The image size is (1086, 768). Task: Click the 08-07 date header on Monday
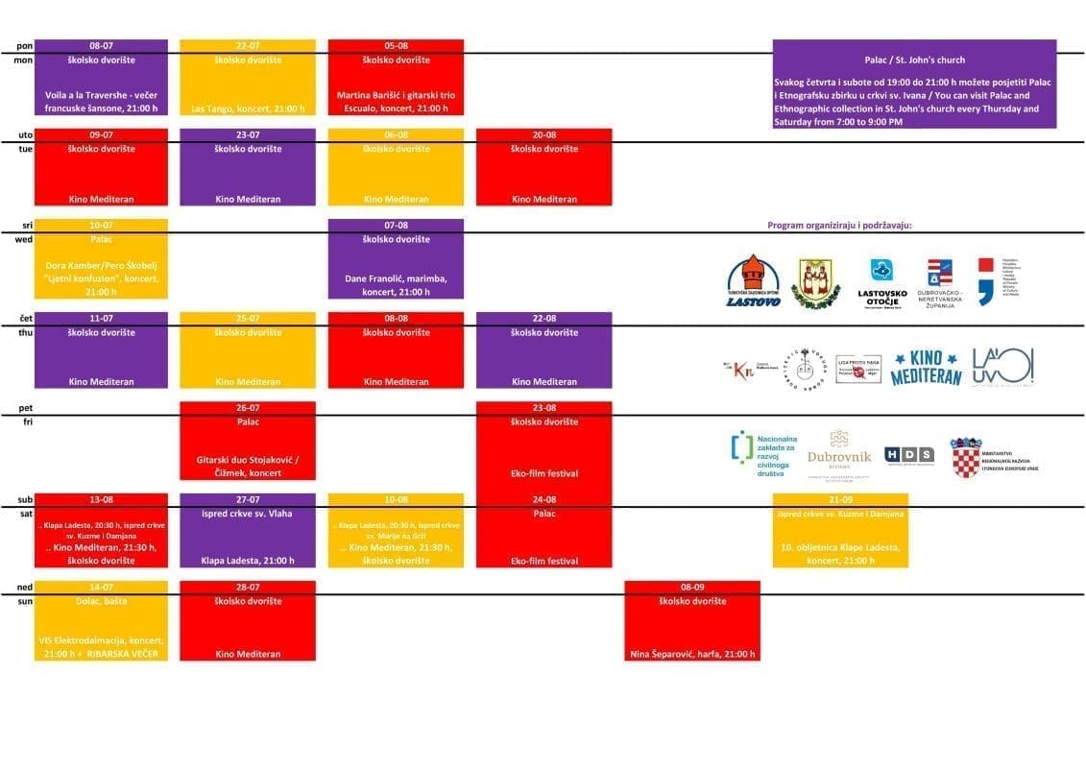click(x=101, y=45)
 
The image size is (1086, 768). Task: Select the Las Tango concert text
click(x=248, y=108)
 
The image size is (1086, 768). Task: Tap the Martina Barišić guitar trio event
click(x=396, y=102)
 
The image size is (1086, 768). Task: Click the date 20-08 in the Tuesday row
click(x=543, y=135)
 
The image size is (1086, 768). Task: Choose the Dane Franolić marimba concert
click(x=396, y=285)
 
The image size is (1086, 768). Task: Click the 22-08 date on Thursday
click(x=543, y=318)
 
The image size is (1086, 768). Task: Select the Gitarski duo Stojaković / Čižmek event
click(x=248, y=466)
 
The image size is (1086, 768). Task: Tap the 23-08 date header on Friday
click(x=543, y=408)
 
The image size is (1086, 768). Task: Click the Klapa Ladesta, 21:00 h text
click(x=248, y=561)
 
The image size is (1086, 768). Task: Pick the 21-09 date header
click(x=840, y=500)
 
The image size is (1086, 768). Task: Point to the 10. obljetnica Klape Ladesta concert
click(x=840, y=554)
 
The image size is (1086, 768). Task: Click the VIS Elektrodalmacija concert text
click(x=101, y=647)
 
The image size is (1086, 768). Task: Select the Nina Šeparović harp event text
click(x=692, y=655)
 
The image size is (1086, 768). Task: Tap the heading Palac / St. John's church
click(x=914, y=60)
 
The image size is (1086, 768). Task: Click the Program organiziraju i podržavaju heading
click(x=839, y=226)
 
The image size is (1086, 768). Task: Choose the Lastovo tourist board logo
click(x=753, y=282)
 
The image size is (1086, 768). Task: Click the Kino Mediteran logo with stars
click(x=926, y=367)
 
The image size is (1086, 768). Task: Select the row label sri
click(x=26, y=225)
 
